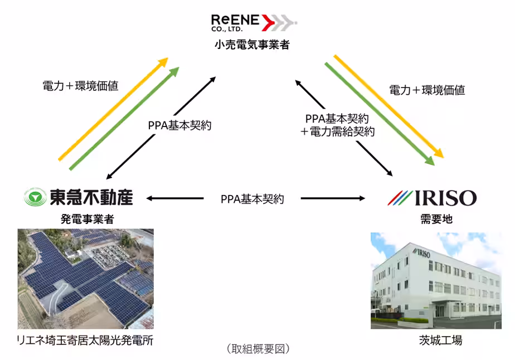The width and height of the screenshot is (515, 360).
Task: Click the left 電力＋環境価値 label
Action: point(80,86)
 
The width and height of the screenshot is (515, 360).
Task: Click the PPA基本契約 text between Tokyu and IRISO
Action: point(252,198)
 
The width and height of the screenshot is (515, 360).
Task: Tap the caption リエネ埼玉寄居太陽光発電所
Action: point(84,340)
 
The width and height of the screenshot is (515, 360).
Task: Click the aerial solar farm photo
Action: point(85,279)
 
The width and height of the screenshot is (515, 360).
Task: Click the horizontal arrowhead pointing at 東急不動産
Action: point(150,198)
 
